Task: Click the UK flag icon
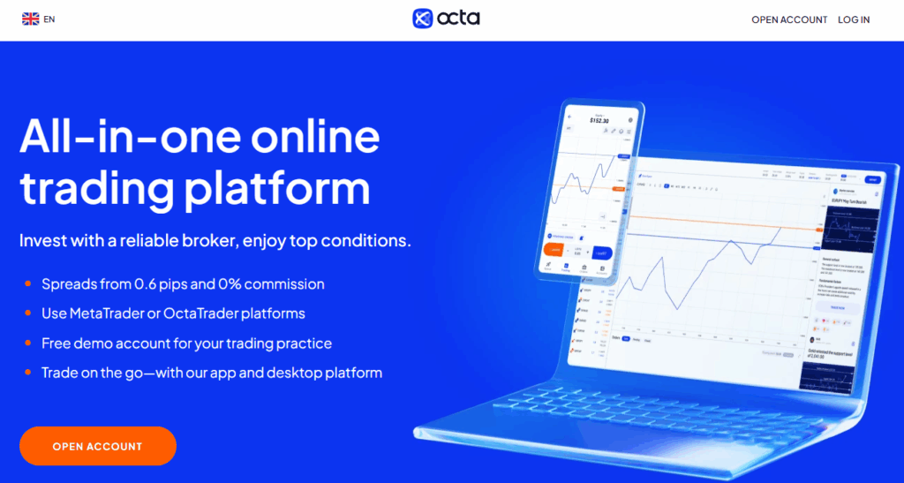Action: [x=30, y=19]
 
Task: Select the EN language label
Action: [x=49, y=19]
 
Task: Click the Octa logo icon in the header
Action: [x=424, y=19]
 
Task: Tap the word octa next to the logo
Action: [x=459, y=19]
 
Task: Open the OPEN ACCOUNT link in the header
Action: [x=789, y=19]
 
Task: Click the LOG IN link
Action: [x=854, y=19]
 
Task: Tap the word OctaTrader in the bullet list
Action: [x=197, y=313]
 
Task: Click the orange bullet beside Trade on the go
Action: [x=28, y=372]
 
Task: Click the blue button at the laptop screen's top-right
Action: [x=873, y=179]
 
